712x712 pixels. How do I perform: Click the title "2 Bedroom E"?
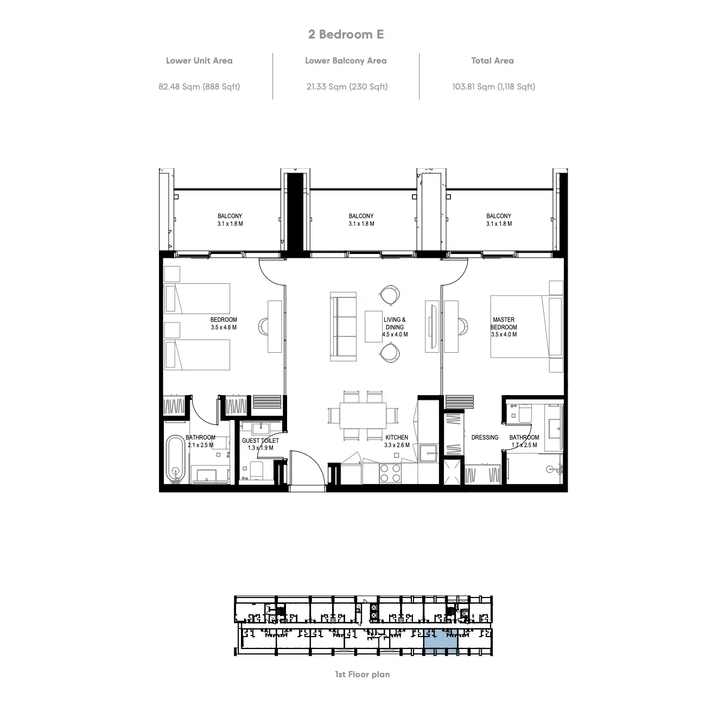pos(346,34)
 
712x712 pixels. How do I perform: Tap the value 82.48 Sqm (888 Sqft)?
pos(199,86)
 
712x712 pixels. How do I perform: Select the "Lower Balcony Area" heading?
pos(346,61)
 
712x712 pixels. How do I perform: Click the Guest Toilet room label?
pos(260,444)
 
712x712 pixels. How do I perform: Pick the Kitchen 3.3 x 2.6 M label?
pos(397,441)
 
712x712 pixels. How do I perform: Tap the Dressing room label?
pos(485,437)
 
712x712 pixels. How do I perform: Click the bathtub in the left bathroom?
pos(175,459)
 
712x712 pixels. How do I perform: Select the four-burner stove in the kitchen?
pos(390,473)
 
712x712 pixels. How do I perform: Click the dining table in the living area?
pos(363,415)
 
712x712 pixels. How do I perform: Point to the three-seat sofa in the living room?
pos(344,327)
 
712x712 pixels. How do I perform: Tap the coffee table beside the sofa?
pos(373,327)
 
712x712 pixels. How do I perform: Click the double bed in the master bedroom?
pos(527,327)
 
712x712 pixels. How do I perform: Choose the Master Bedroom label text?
pos(504,327)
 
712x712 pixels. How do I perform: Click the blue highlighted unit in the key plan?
pos(441,646)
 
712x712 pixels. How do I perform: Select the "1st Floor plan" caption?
pos(363,675)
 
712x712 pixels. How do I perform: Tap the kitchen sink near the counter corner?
pos(429,453)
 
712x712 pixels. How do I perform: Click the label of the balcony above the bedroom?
pos(230,219)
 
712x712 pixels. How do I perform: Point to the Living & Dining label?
pos(395,327)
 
